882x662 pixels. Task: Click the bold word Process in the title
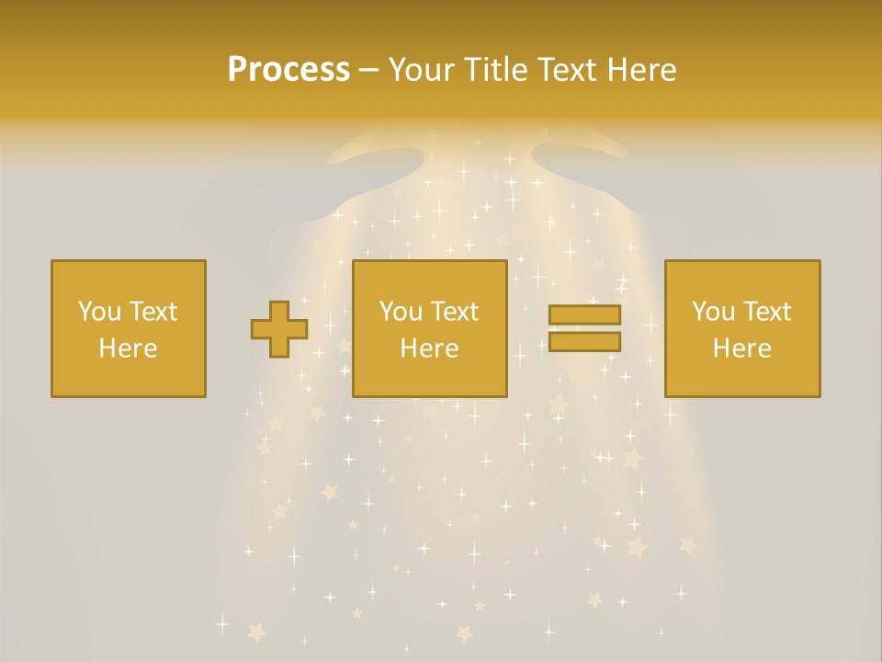(288, 70)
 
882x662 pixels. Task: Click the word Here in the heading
(643, 70)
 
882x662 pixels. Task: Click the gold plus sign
(279, 329)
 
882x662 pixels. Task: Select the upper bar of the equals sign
(584, 314)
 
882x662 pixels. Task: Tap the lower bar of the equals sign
(584, 342)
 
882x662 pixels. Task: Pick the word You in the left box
(99, 312)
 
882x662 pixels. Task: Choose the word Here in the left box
(128, 348)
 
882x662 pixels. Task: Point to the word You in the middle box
(401, 312)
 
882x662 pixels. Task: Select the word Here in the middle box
(429, 348)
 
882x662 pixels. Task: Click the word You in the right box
(713, 312)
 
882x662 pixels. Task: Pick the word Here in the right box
(741, 348)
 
